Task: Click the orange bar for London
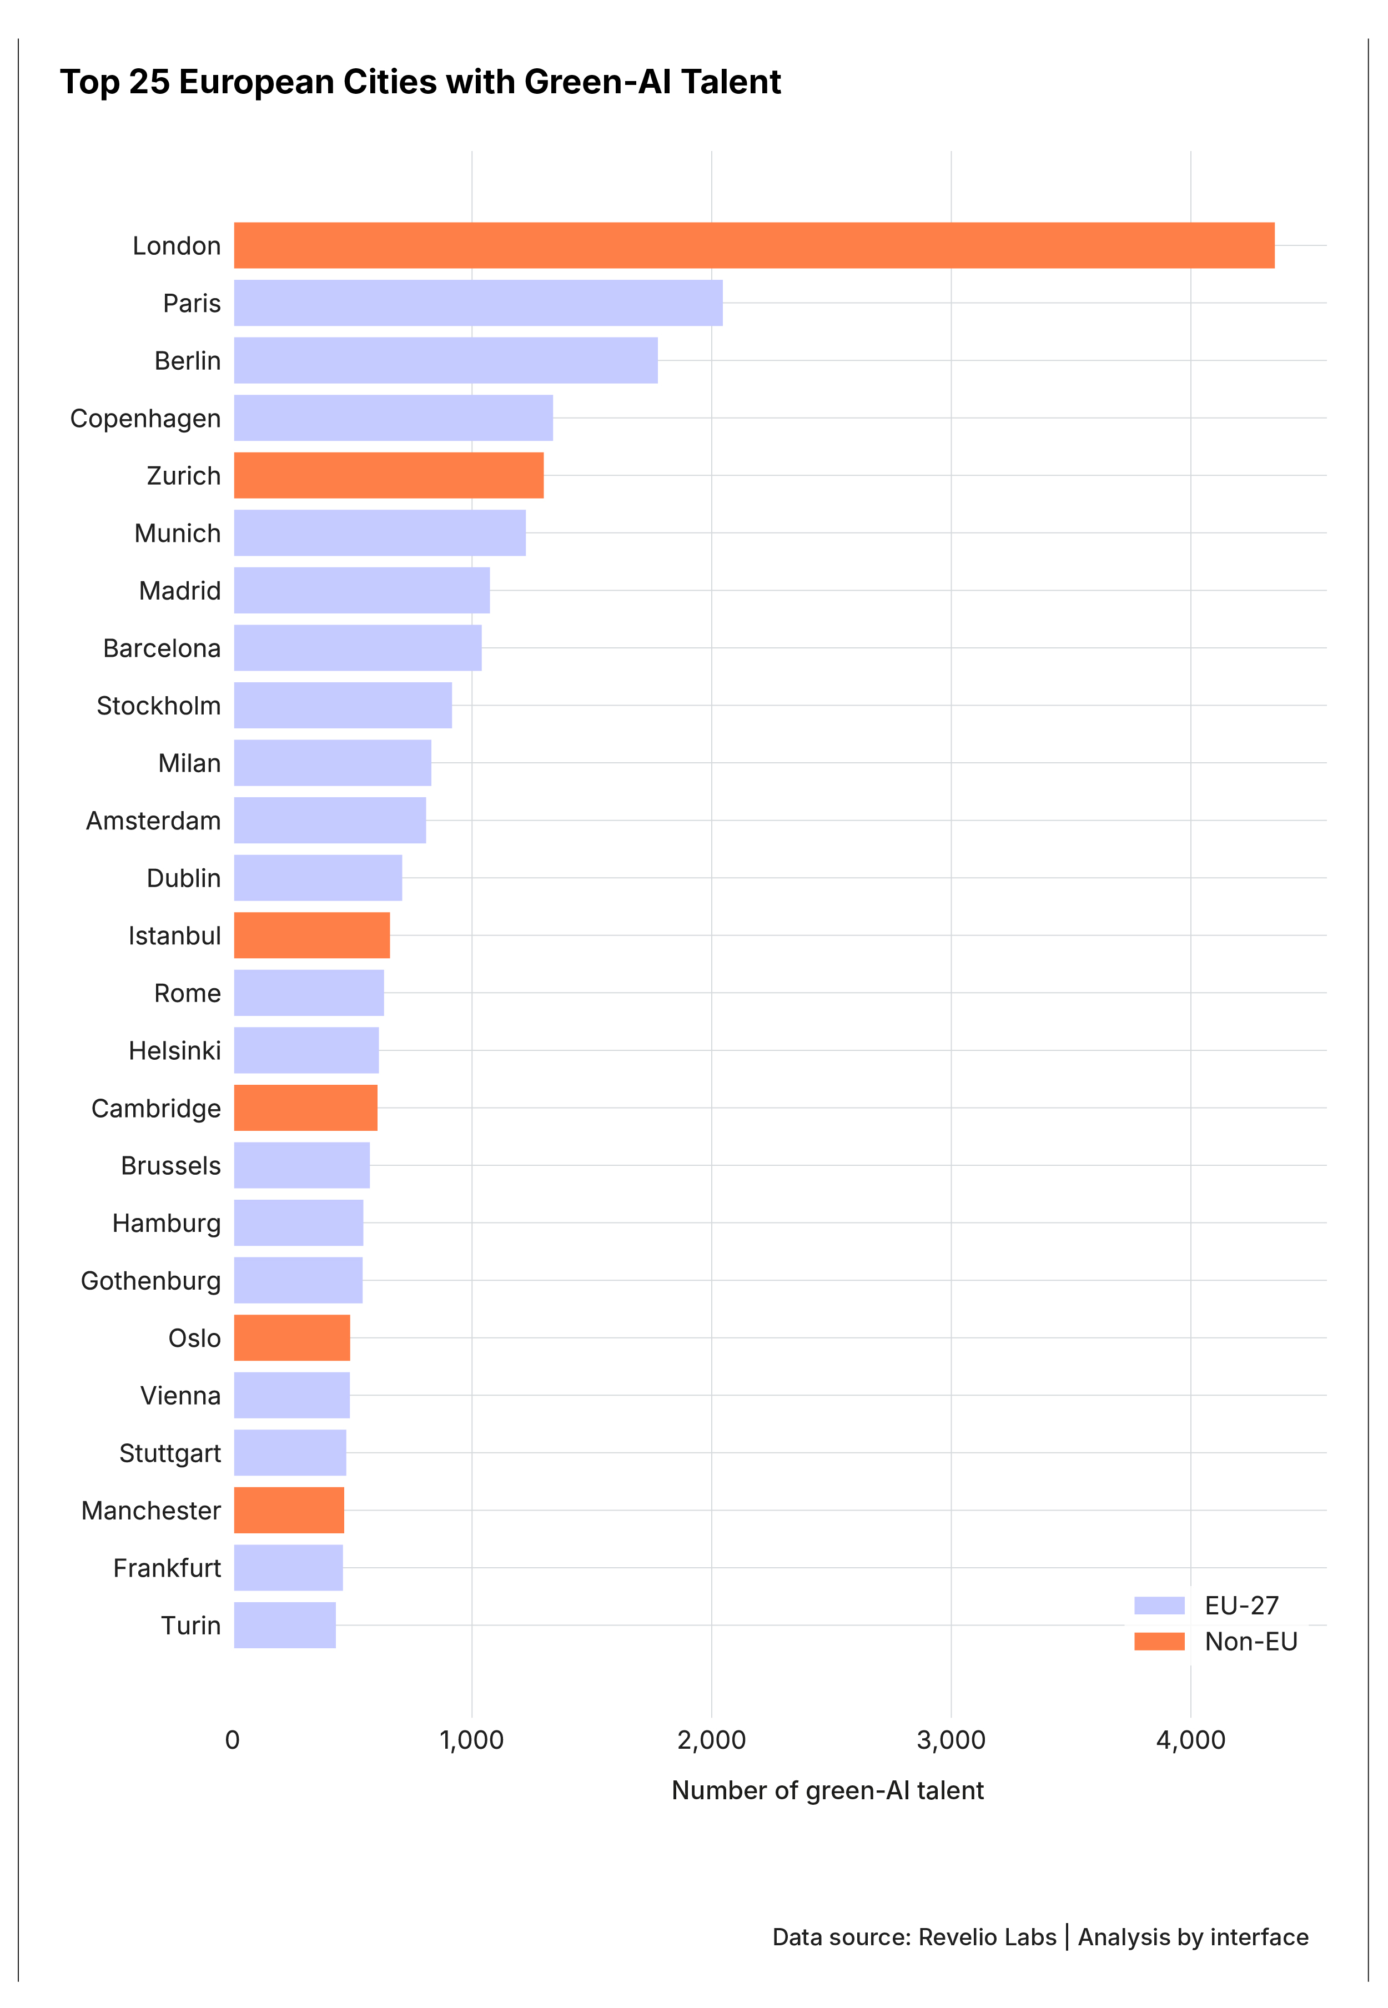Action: [x=753, y=245]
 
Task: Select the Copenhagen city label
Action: [x=145, y=418]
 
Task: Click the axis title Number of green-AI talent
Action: [x=827, y=1790]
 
